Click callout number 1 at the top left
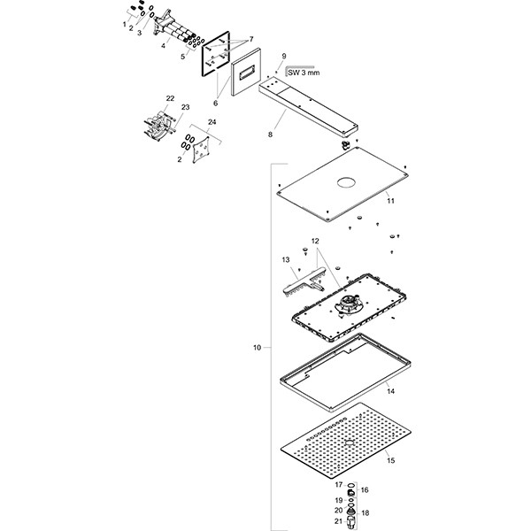[125, 23]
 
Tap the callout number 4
[163, 46]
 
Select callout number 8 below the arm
[271, 135]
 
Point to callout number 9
[284, 57]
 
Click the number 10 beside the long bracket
[257, 349]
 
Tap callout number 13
[286, 259]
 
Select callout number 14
[391, 389]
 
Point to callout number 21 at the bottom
[337, 522]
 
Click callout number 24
[212, 122]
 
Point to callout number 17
[337, 484]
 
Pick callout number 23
[185, 107]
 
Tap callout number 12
[314, 242]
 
